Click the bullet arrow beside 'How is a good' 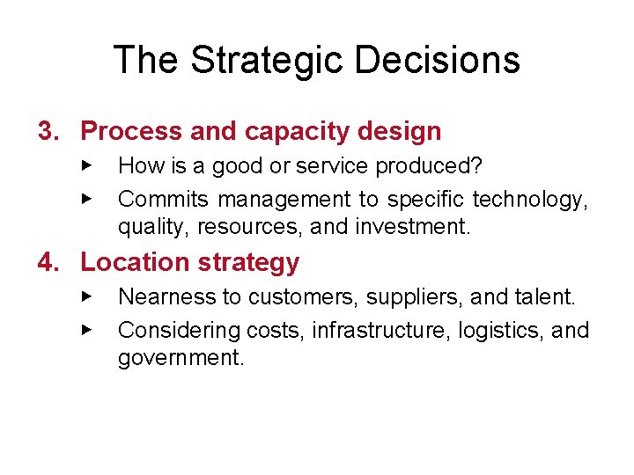86,164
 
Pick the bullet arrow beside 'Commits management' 86,198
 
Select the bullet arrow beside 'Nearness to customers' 86,296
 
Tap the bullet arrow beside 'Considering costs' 86,329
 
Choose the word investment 413,228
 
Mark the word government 181,359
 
